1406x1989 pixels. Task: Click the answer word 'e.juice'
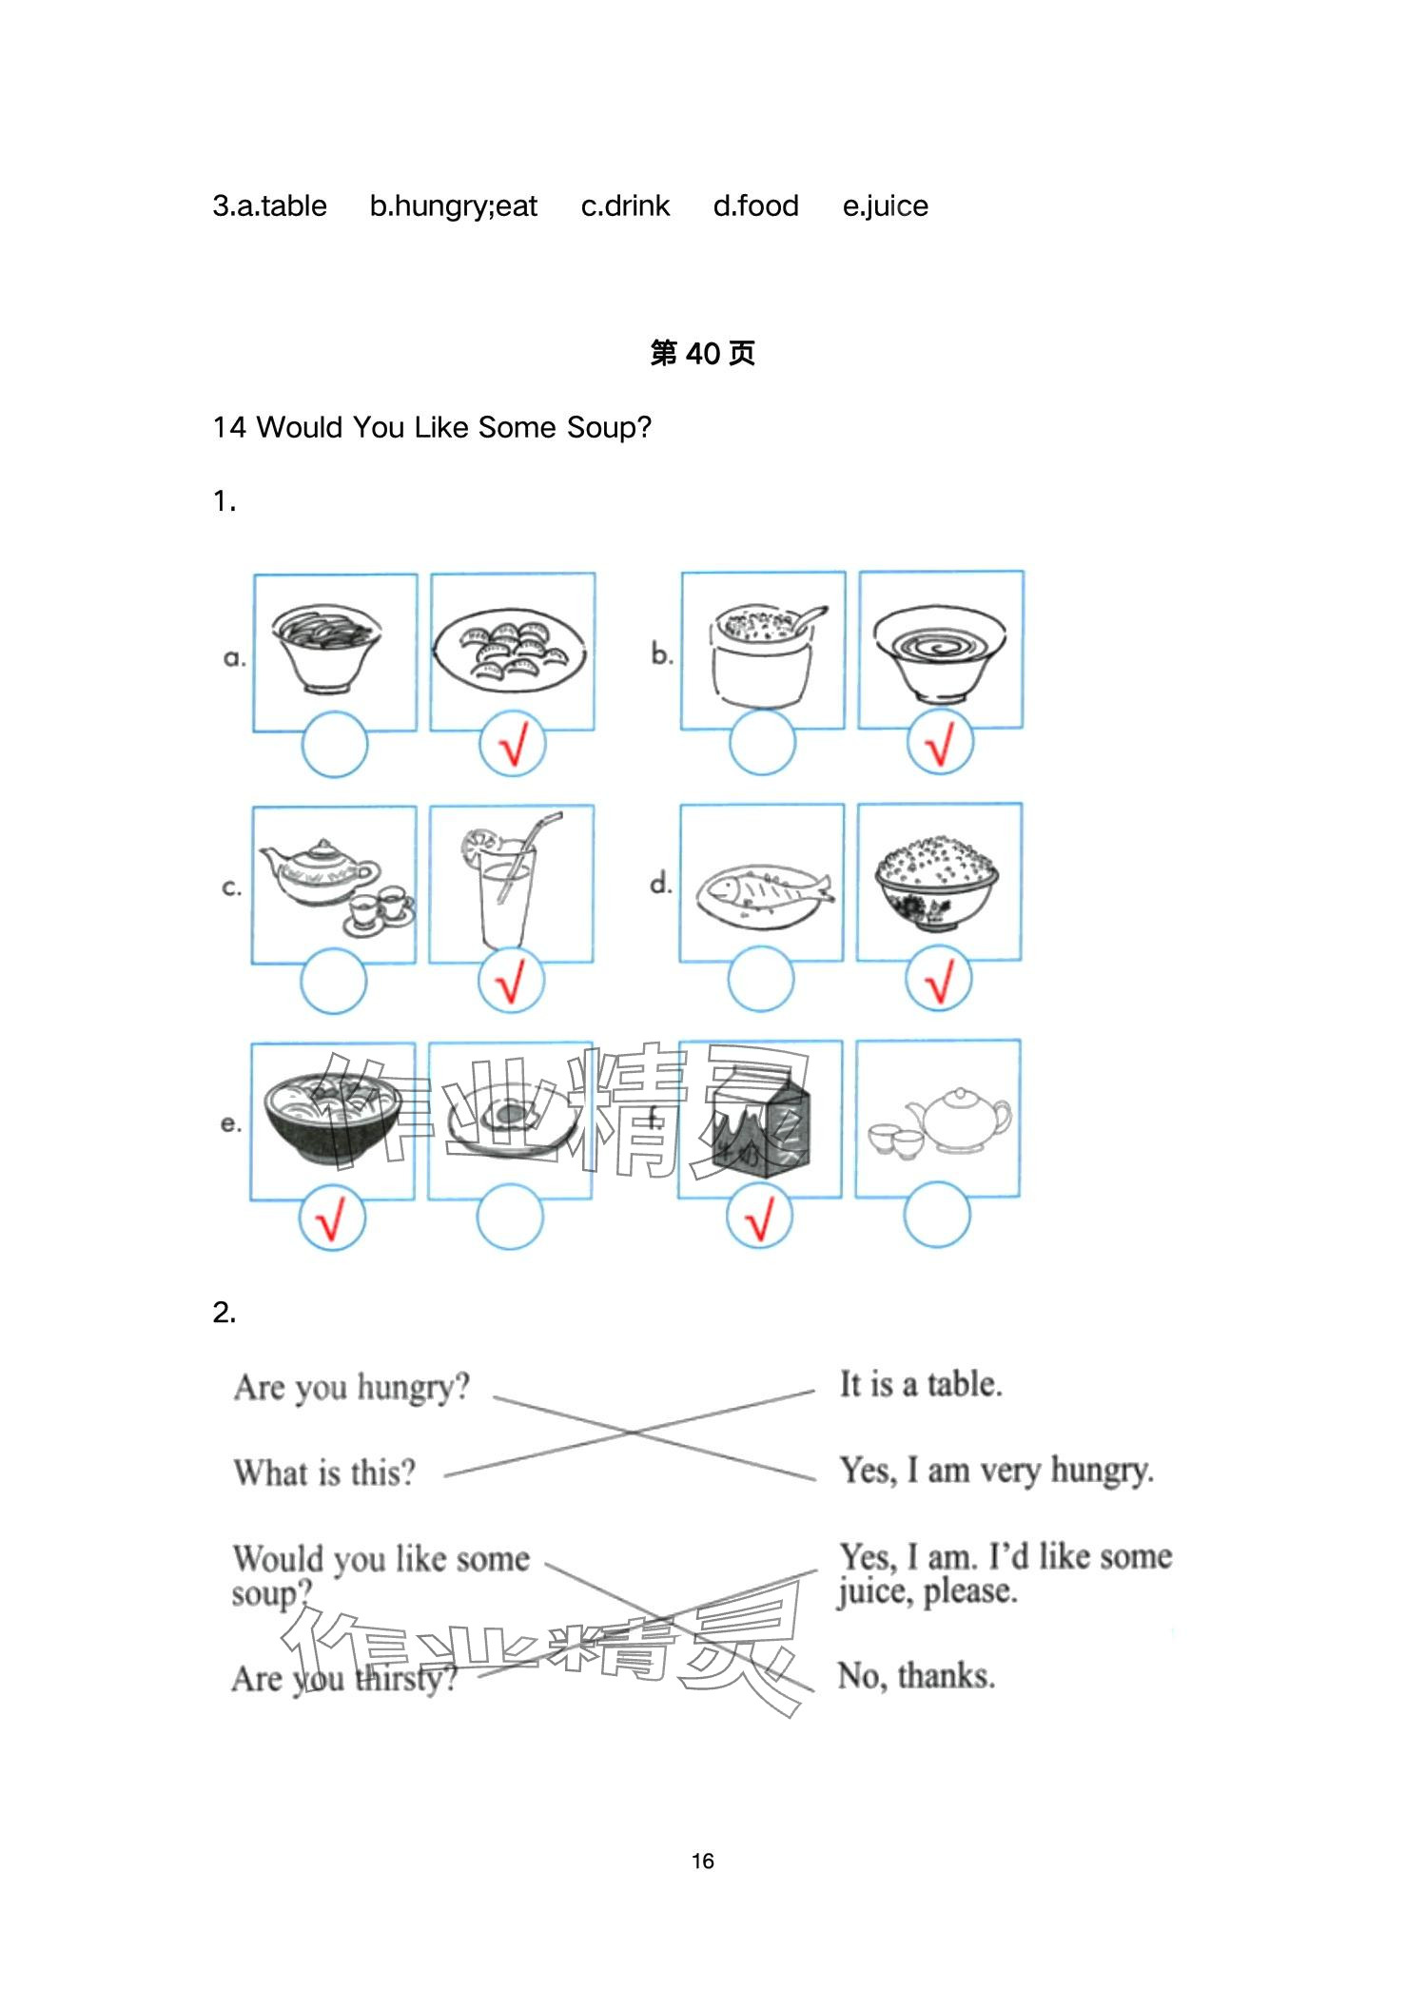point(885,206)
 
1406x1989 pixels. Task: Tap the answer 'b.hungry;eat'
point(454,206)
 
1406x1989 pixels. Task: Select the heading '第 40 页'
point(703,353)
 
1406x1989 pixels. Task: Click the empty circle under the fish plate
point(761,979)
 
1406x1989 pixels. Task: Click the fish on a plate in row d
point(765,895)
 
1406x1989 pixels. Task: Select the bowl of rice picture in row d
point(937,882)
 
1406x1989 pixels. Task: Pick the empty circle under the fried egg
point(510,1217)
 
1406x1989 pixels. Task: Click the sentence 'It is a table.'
point(920,1384)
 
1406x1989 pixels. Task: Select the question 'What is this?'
point(325,1472)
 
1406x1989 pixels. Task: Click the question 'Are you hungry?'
point(352,1388)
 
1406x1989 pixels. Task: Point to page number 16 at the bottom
point(703,1861)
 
